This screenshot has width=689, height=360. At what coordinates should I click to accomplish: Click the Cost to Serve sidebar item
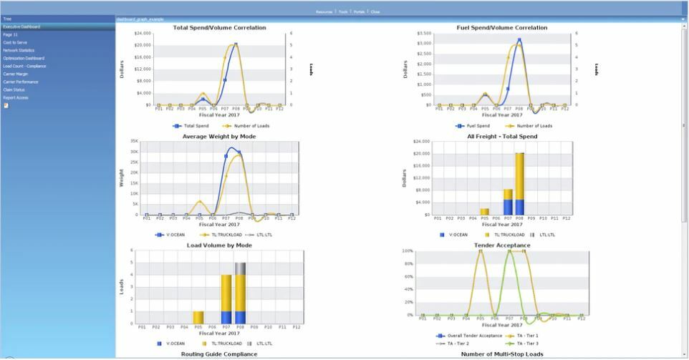[15, 42]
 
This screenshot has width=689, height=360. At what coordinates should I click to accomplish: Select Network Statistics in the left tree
[19, 50]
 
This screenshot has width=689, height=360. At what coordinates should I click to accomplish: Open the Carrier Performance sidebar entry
[21, 82]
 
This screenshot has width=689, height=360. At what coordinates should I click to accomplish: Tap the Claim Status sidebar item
[14, 89]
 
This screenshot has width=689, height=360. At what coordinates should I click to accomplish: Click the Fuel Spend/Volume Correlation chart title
[501, 28]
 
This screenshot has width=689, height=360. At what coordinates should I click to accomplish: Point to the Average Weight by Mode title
[219, 136]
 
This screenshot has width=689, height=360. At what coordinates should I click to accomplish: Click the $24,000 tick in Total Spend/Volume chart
[142, 34]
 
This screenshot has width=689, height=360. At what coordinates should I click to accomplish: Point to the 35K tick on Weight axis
[133, 142]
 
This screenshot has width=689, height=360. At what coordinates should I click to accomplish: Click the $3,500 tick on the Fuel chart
[423, 34]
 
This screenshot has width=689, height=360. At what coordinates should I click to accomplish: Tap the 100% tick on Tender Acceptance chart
[408, 251]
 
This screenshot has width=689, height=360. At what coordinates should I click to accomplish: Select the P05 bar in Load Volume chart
[198, 317]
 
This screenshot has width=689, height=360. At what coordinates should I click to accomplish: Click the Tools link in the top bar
[343, 11]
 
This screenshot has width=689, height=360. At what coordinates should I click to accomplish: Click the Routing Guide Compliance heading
[219, 354]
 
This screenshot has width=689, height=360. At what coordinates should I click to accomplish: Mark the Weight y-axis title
[121, 177]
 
